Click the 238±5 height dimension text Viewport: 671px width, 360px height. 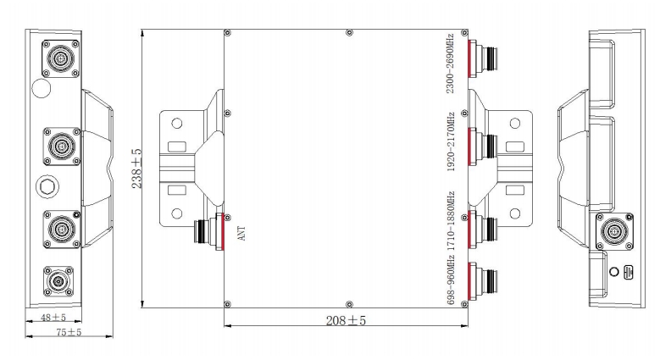pos(136,169)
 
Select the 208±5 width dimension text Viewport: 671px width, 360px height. pos(346,320)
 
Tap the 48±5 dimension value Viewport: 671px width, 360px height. pos(53,317)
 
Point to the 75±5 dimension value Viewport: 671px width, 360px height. pos(69,332)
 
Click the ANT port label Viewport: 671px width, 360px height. pos(241,234)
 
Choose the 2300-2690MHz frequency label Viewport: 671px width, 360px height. pos(450,64)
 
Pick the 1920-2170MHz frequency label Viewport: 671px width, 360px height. pos(450,141)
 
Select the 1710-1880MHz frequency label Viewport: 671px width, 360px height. pos(450,221)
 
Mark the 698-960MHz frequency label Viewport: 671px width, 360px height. pos(450,280)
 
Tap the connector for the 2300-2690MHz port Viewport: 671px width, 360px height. pos(483,58)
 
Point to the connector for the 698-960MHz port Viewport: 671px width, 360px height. pos(483,281)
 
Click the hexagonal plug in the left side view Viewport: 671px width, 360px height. pos(47,186)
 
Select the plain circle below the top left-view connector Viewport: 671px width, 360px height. pos(42,89)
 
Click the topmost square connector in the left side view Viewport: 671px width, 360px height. pos(61,58)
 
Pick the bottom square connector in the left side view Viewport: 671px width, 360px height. pos(58,281)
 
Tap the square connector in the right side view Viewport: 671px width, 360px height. pos(614,231)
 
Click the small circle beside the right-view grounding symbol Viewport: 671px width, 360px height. pos(614,271)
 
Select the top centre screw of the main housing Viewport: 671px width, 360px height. pos(349,32)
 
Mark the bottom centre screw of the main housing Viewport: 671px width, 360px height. pos(349,304)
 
